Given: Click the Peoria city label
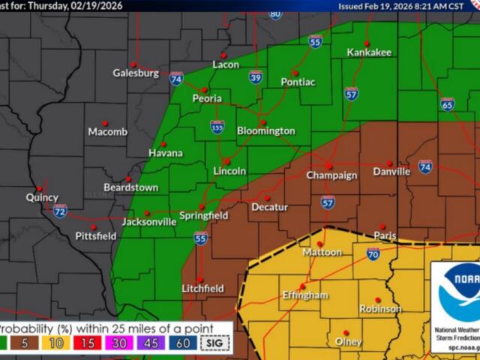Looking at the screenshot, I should pyautogui.click(x=207, y=98).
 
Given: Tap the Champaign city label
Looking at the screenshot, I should pyautogui.click(x=331, y=175).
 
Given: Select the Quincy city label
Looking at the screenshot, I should pyautogui.click(x=41, y=198).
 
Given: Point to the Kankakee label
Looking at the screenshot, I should pyautogui.click(x=369, y=52).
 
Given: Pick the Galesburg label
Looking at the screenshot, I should pyautogui.click(x=136, y=73).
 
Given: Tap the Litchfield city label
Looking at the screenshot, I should pyautogui.click(x=202, y=289).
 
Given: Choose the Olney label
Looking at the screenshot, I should pyautogui.click(x=348, y=342).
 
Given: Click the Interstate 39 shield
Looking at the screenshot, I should pyautogui.click(x=256, y=76).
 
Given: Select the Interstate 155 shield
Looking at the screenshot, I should pyautogui.click(x=217, y=127).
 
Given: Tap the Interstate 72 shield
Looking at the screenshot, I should pyautogui.click(x=60, y=211).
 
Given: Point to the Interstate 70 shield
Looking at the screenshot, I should pyautogui.click(x=373, y=256).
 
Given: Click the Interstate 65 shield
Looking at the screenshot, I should pyautogui.click(x=447, y=105).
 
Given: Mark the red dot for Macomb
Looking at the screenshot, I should pyautogui.click(x=105, y=123).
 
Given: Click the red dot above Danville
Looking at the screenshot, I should pyautogui.click(x=388, y=163).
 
